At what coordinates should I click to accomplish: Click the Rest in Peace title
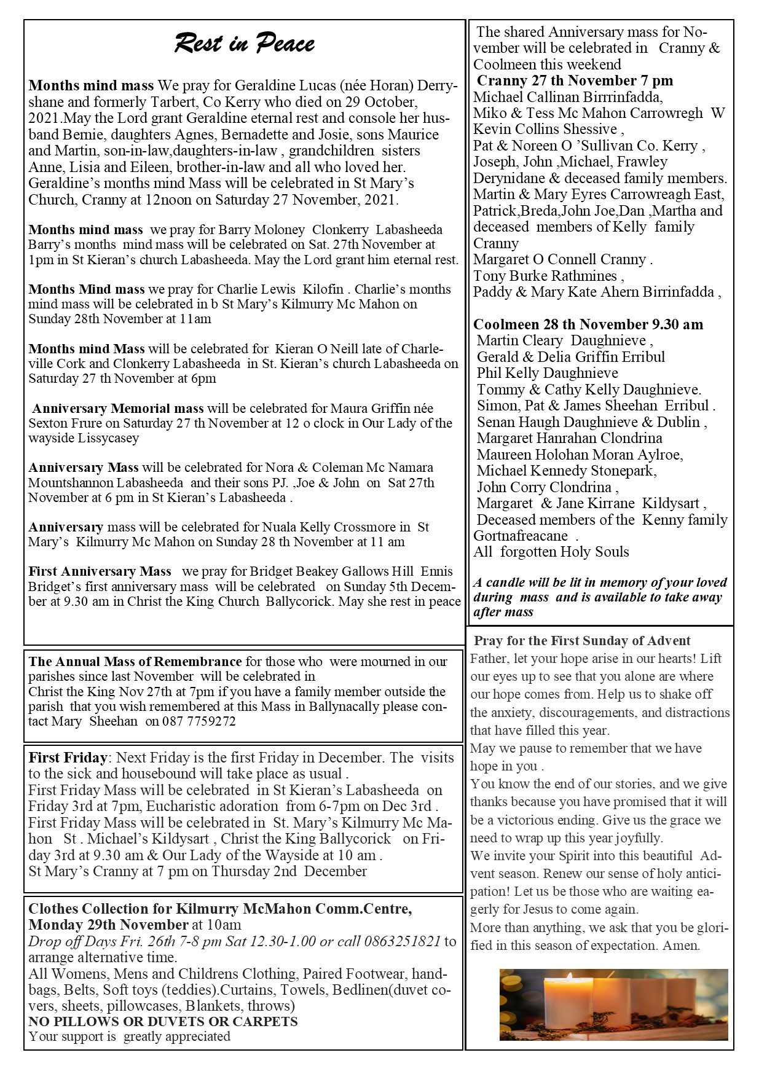point(245,44)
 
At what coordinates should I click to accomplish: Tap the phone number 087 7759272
point(199,721)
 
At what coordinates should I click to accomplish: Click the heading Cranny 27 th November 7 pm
point(575,80)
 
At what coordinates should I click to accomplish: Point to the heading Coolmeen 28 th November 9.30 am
point(588,324)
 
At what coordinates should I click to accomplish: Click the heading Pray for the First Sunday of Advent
point(582,641)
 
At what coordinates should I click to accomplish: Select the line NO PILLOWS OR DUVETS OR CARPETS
point(163,1021)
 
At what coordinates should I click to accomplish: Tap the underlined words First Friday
point(68,758)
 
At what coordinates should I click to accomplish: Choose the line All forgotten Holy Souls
point(551,552)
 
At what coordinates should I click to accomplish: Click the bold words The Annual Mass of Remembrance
point(135,662)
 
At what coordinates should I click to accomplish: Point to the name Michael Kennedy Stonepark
point(566,471)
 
